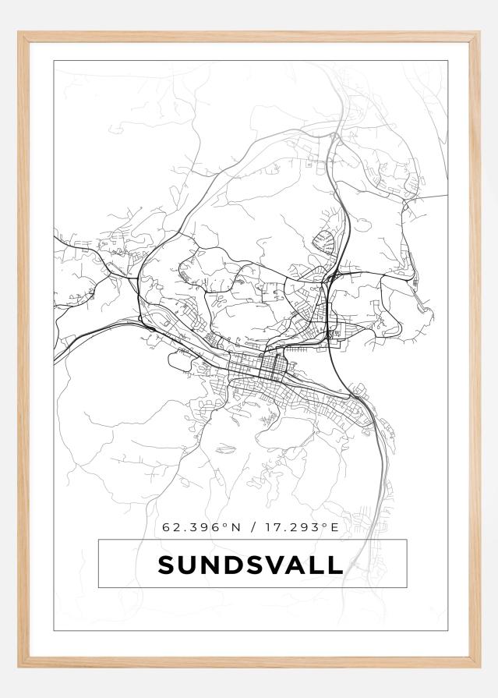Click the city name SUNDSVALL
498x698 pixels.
pos(250,565)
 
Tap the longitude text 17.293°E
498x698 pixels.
pos(300,528)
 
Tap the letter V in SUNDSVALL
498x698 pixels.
pos(279,565)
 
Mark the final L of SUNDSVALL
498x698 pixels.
pos(336,565)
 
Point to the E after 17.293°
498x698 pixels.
pos(335,528)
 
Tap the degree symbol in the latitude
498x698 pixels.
pos(224,526)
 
